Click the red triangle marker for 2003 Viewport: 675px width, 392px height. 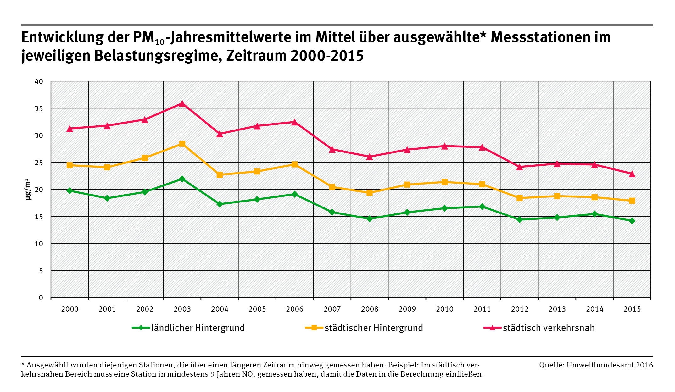[x=182, y=103]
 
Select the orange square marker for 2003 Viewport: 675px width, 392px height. [x=182, y=144]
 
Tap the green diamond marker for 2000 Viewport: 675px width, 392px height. [x=70, y=191]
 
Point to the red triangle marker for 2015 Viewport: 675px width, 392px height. [x=632, y=174]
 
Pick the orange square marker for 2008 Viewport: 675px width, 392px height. [x=370, y=193]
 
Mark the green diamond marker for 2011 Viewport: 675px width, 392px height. [x=482, y=207]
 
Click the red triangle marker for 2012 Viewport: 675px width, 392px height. [x=520, y=167]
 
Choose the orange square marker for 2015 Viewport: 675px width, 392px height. [x=632, y=201]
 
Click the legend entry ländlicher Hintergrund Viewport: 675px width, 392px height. [x=198, y=328]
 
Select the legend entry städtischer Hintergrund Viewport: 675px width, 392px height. [x=373, y=328]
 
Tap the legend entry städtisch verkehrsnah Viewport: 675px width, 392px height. [x=549, y=328]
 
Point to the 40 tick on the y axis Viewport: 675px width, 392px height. [x=39, y=82]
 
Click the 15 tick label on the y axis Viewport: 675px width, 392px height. [x=39, y=217]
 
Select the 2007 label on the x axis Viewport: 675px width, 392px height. [x=332, y=309]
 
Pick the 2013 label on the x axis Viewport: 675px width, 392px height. [x=557, y=309]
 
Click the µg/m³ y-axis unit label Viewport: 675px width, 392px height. [x=28, y=189]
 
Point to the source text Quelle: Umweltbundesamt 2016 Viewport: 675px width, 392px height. [x=596, y=365]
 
